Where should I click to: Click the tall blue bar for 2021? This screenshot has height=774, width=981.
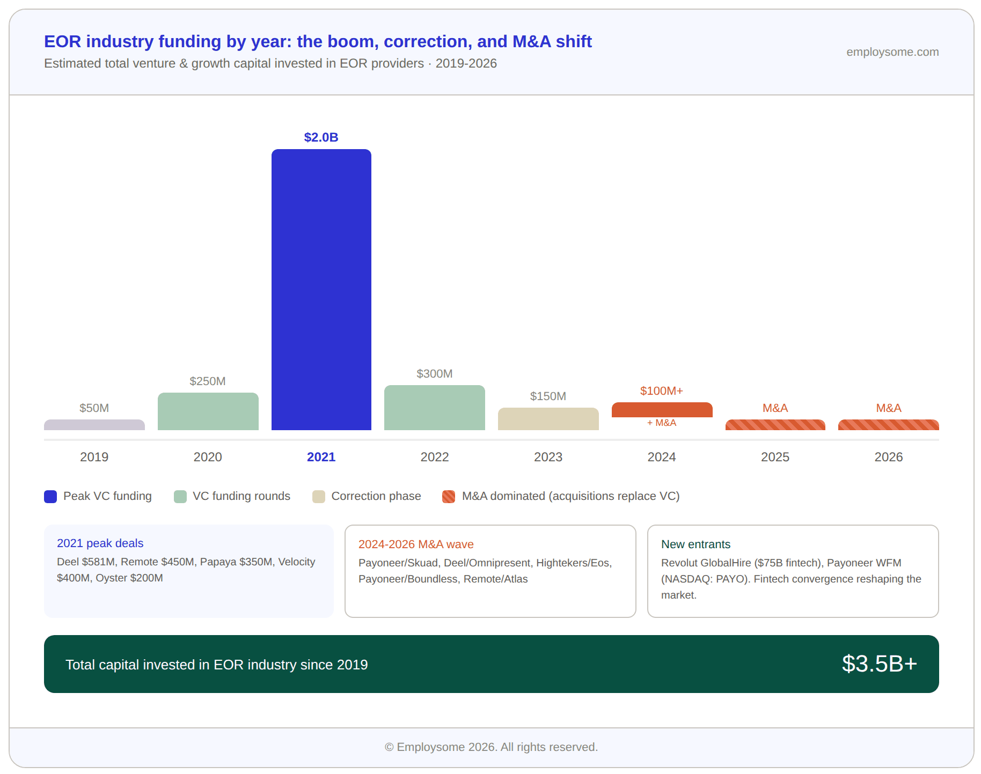tap(321, 290)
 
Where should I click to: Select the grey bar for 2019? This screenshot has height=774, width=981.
tap(94, 425)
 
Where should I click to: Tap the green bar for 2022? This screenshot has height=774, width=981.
tap(434, 408)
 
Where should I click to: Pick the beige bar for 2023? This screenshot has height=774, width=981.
tap(548, 419)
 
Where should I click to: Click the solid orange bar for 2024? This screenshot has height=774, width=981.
tap(662, 410)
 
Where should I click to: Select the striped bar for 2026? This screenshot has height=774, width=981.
tap(888, 425)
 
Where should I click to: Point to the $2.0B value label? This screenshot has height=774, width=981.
tap(321, 137)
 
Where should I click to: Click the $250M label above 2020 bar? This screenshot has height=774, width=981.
tap(208, 381)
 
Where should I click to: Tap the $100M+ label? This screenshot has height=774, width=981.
tap(661, 391)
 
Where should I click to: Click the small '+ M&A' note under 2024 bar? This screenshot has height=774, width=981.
tap(661, 423)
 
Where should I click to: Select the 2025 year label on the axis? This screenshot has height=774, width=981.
tap(775, 457)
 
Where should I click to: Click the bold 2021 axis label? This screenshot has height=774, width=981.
tap(321, 457)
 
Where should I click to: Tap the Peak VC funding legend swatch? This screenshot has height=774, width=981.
tap(50, 497)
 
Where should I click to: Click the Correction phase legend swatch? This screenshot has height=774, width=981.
tap(319, 497)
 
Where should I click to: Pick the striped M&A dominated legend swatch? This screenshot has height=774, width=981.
tap(449, 497)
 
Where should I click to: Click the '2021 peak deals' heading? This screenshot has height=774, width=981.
tap(100, 543)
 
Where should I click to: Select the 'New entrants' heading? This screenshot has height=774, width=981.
tap(696, 544)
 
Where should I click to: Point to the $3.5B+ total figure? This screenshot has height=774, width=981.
tap(879, 664)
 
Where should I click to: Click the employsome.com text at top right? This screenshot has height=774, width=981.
tap(892, 52)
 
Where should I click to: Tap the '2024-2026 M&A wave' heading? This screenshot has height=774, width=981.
tap(416, 544)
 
